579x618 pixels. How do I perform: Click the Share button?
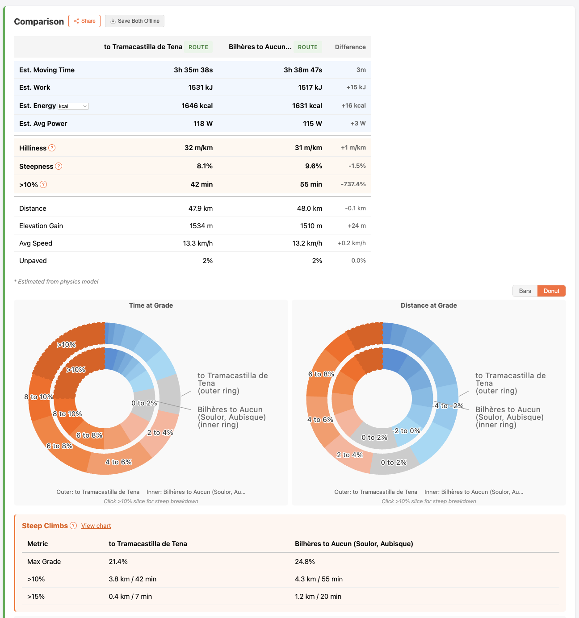84,21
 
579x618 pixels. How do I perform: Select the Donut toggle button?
551,291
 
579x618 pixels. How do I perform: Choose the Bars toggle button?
525,291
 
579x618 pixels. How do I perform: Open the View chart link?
96,526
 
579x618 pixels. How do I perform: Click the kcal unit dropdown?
73,106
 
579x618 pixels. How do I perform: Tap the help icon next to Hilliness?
52,148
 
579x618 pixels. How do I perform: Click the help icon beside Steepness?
59,166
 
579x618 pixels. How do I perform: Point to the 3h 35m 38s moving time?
193,70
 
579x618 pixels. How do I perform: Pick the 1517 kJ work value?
310,88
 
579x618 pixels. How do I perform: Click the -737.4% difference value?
353,184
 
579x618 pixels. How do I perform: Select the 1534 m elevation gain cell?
201,226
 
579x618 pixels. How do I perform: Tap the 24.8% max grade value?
305,562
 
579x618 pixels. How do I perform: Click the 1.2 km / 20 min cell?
318,597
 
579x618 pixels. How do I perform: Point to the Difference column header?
350,47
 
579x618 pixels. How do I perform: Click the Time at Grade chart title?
151,305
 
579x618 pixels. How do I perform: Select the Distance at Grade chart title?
428,305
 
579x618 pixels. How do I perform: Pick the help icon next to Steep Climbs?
73,526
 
